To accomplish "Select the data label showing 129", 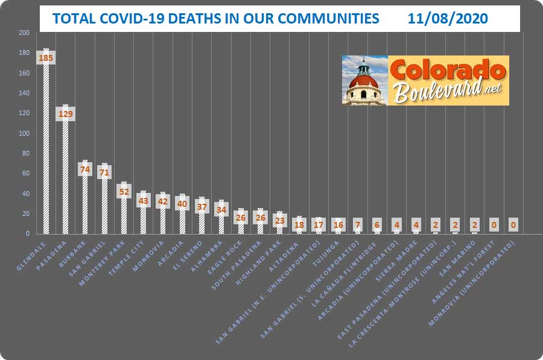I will coord(65,113).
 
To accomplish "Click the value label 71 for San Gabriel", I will coord(104,172).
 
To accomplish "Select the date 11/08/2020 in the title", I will coord(448,19).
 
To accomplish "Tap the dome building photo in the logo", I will coord(364,80).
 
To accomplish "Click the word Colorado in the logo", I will coord(447,70).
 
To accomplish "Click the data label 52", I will coord(124,191).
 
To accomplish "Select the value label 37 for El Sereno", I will coord(202,206).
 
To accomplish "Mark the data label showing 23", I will coord(279,220).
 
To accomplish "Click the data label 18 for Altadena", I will coord(299,225).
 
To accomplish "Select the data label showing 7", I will coord(357,225).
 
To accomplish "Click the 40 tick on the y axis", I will coord(26,194).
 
